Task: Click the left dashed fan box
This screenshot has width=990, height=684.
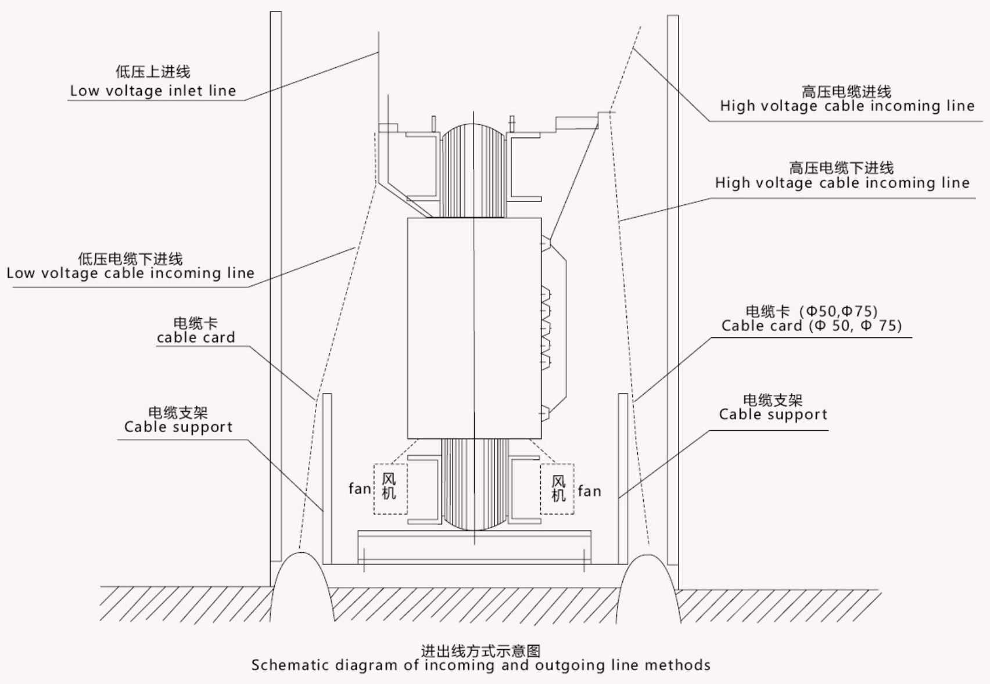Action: pyautogui.click(x=390, y=488)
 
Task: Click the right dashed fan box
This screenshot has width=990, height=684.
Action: pyautogui.click(x=557, y=489)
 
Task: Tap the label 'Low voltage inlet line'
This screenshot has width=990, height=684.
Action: pyautogui.click(x=153, y=91)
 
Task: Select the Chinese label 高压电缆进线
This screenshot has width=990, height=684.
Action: pyautogui.click(x=846, y=92)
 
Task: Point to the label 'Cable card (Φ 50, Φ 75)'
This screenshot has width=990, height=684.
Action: pyautogui.click(x=811, y=326)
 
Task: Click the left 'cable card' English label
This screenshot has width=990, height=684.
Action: pyautogui.click(x=196, y=337)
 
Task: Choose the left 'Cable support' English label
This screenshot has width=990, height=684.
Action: pyautogui.click(x=178, y=427)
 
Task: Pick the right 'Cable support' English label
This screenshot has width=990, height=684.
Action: pyautogui.click(x=773, y=414)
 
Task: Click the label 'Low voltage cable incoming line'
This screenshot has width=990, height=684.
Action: pyautogui.click(x=130, y=273)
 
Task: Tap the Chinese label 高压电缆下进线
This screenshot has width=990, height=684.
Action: pyautogui.click(x=841, y=168)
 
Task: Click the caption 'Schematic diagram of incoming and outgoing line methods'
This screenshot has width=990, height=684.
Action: pyautogui.click(x=480, y=665)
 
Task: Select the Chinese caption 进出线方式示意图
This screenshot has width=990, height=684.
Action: pyautogui.click(x=480, y=651)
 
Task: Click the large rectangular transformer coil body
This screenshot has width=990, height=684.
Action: pyautogui.click(x=474, y=328)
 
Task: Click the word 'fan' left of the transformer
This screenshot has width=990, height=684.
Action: pyautogui.click(x=360, y=489)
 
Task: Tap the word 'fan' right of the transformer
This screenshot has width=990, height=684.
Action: pyautogui.click(x=589, y=491)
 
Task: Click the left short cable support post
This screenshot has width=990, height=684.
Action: pyautogui.click(x=327, y=478)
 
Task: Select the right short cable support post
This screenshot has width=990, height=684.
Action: pyautogui.click(x=623, y=478)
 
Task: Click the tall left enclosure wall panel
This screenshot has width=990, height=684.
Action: pyautogui.click(x=275, y=290)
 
